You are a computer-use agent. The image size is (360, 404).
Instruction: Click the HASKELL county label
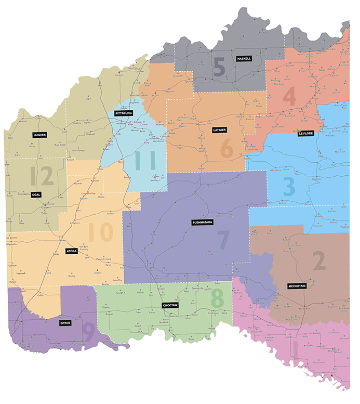pyautogui.click(x=244, y=59)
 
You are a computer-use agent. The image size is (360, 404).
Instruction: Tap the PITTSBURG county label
pyautogui.click(x=124, y=113)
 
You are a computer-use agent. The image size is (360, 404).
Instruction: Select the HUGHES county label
pyautogui.click(x=39, y=135)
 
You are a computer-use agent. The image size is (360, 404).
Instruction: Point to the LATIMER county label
pyautogui.click(x=219, y=129)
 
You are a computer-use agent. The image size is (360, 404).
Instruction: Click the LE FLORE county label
pyautogui.click(x=305, y=134)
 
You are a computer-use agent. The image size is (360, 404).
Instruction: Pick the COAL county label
pyautogui.click(x=36, y=195)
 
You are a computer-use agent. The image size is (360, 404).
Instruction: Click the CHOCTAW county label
pyautogui.click(x=169, y=305)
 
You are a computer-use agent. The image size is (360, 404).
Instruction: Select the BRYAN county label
pyautogui.click(x=65, y=323)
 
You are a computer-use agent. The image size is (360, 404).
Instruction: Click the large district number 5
pyautogui.click(x=219, y=68)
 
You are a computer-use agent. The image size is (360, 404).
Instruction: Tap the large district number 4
pyautogui.click(x=289, y=97)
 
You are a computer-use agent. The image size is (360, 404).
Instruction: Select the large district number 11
pyautogui.click(x=145, y=162)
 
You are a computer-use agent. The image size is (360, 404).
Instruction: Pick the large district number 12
pyautogui.click(x=42, y=177)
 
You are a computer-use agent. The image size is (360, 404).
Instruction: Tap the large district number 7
pyautogui.click(x=223, y=240)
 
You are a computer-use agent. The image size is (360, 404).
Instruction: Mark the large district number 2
pyautogui.click(x=318, y=261)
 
